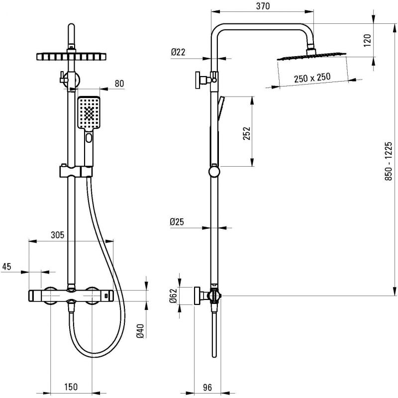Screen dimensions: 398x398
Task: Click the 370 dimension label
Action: (263, 6)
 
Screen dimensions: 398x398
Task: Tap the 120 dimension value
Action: (367, 40)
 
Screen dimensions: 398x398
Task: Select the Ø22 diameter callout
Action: (178, 52)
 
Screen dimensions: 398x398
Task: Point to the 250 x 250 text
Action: (312, 78)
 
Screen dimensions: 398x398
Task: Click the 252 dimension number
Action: (246, 133)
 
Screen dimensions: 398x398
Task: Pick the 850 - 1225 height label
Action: (388, 161)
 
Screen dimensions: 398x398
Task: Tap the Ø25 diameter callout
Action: (177, 222)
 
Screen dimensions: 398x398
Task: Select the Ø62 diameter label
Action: (173, 296)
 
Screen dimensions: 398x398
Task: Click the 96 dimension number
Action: (207, 388)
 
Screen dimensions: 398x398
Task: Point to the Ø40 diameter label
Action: (140, 331)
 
